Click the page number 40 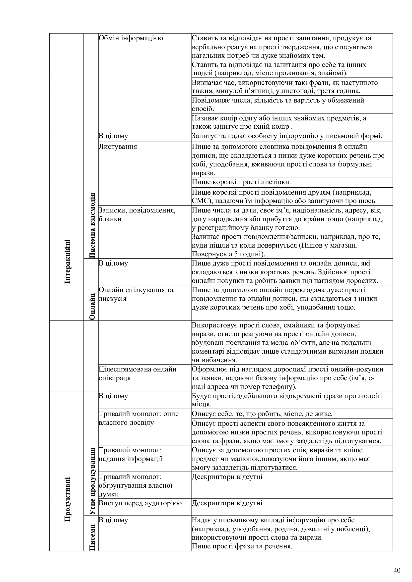[x=397, y=563]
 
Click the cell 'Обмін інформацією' [x=131, y=38]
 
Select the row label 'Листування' [x=118, y=147]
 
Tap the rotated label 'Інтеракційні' [x=68, y=261]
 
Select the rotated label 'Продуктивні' [x=68, y=499]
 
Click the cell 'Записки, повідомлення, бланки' [x=137, y=214]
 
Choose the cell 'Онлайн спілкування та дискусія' [x=136, y=294]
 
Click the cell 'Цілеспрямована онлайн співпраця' [x=137, y=373]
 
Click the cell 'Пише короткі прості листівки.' [x=241, y=182]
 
